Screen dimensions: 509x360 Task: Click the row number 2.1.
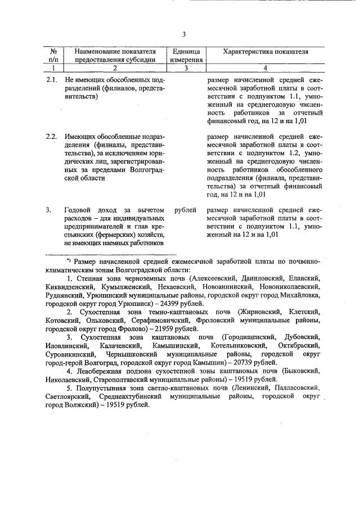coord(51,80)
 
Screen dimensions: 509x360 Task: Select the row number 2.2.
coord(51,137)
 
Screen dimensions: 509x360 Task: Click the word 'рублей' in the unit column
coord(186,210)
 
